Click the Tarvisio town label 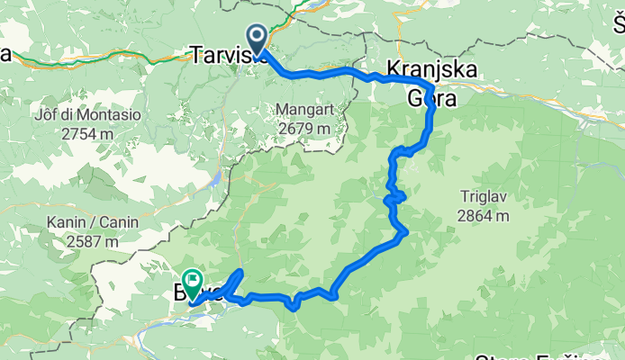click(225, 55)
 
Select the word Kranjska click(431, 68)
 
